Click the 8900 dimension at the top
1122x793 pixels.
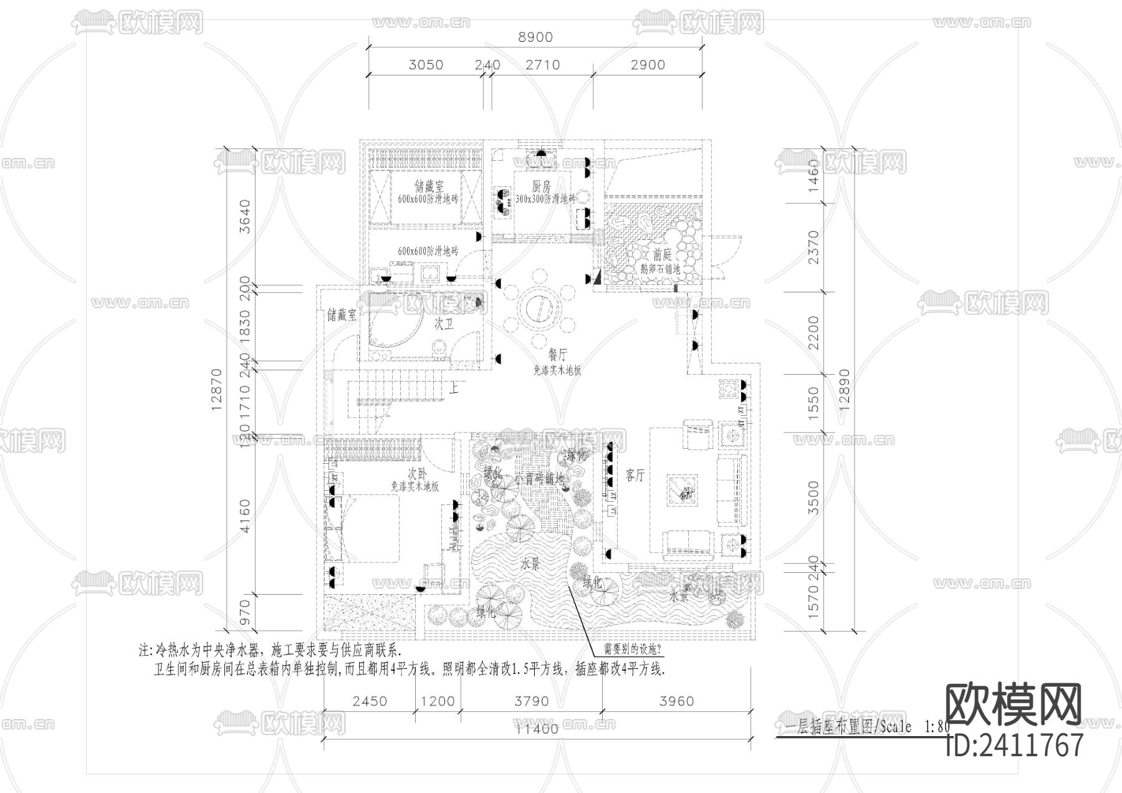[535, 37]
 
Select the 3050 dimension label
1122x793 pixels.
[426, 65]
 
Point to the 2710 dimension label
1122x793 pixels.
[542, 65]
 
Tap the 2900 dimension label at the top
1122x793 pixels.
[648, 65]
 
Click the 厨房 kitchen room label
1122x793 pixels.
[541, 186]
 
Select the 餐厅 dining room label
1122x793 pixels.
[557, 355]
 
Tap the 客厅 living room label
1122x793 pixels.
[635, 476]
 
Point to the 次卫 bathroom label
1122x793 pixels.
[443, 324]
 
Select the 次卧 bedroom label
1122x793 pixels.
[416, 473]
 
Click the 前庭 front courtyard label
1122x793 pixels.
[662, 254]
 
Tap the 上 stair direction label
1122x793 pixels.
[454, 388]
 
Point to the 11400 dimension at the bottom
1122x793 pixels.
[537, 729]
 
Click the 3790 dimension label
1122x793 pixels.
[531, 701]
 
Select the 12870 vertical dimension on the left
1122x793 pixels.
[217, 390]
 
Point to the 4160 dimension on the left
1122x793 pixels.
[244, 515]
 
